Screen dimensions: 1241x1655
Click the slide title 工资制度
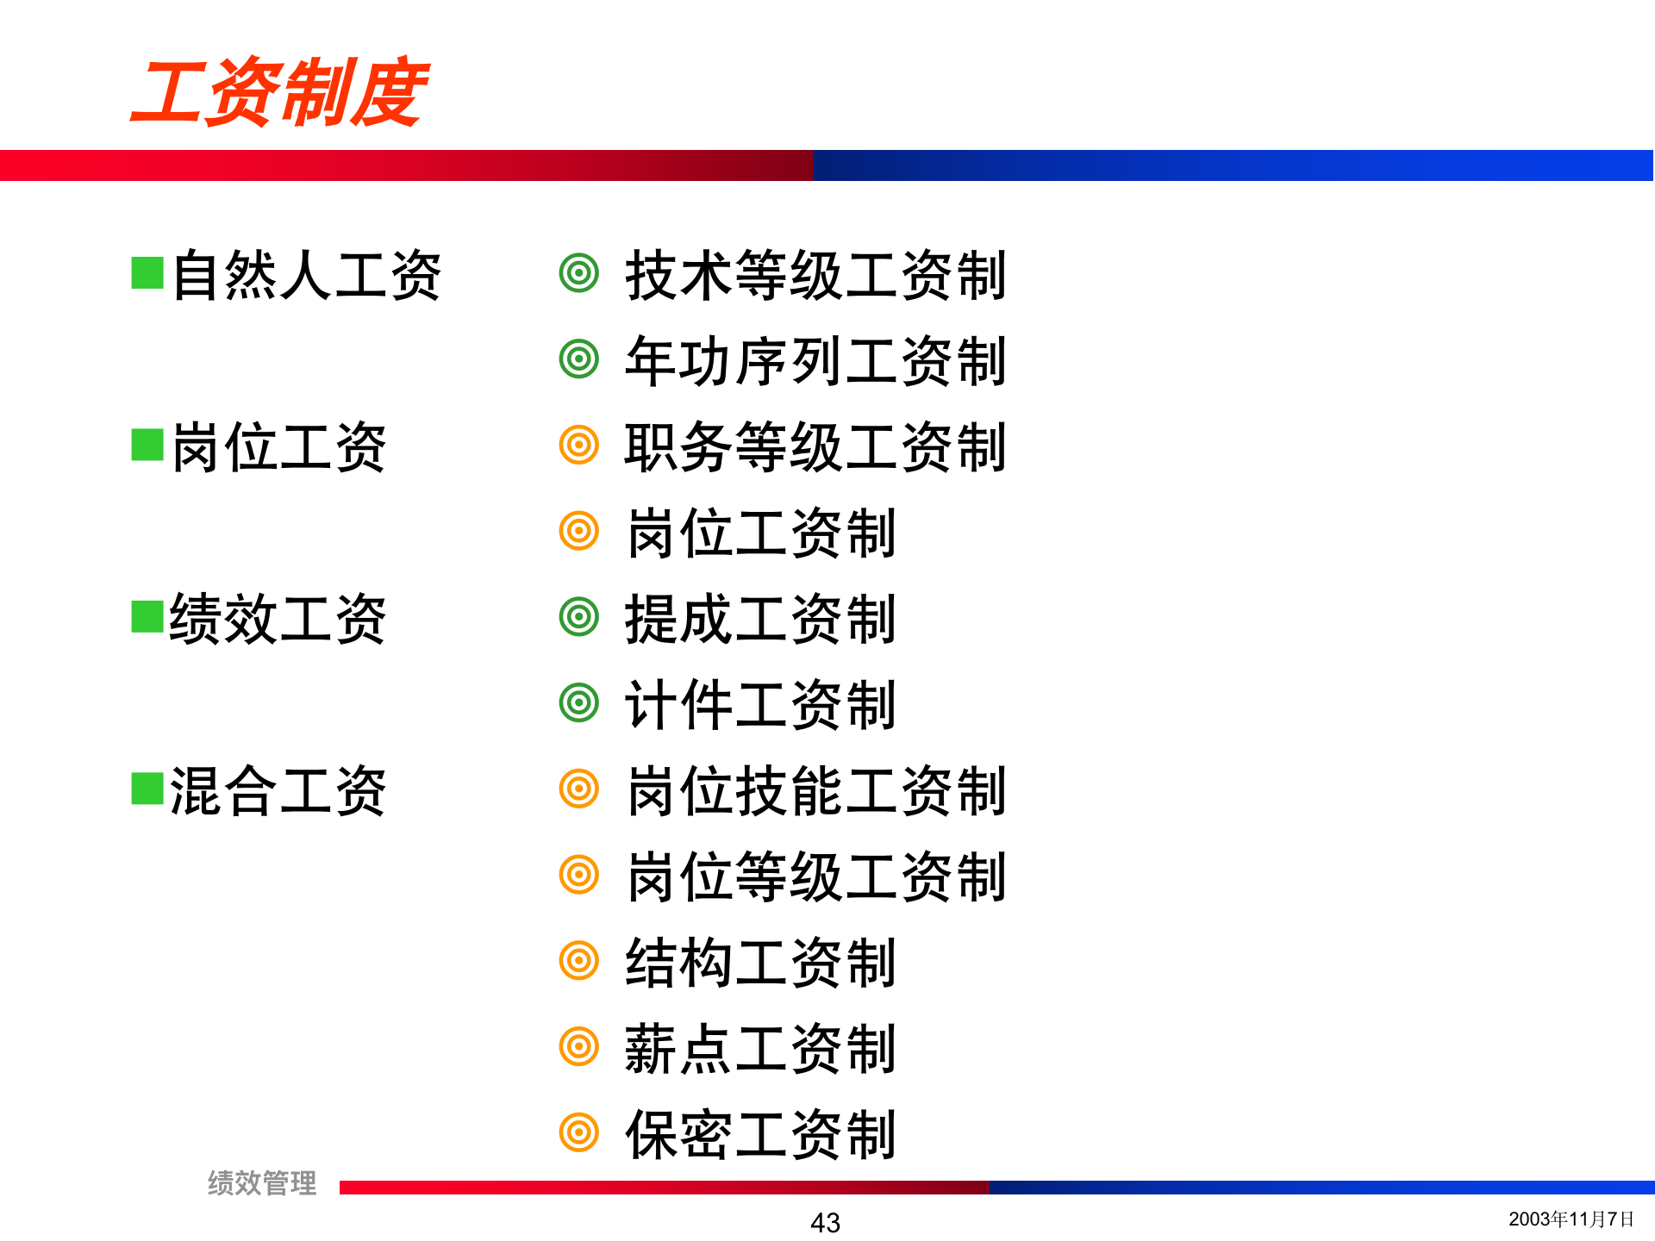(278, 92)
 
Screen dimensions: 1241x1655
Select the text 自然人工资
(306, 276)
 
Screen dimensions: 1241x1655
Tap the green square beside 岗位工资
(147, 445)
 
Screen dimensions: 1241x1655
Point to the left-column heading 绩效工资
(278, 619)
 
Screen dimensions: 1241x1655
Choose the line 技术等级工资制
(815, 276)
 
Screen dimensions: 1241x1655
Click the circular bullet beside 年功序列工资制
(579, 359)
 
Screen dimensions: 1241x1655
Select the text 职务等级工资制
(815, 447)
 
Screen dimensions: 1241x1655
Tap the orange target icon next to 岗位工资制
(579, 531)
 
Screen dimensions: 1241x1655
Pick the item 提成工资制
(760, 619)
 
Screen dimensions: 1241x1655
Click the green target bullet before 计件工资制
(579, 702)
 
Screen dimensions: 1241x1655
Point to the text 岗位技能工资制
(815, 790)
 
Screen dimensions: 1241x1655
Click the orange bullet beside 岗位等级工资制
(579, 875)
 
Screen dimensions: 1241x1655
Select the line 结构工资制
(760, 962)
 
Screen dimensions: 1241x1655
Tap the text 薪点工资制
(760, 1049)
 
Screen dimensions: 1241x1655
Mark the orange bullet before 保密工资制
(579, 1132)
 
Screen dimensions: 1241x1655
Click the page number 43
(825, 1223)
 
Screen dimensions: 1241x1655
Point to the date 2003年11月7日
(1571, 1219)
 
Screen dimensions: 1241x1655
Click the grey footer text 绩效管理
(262, 1183)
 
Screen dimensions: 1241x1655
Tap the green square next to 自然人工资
(147, 273)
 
